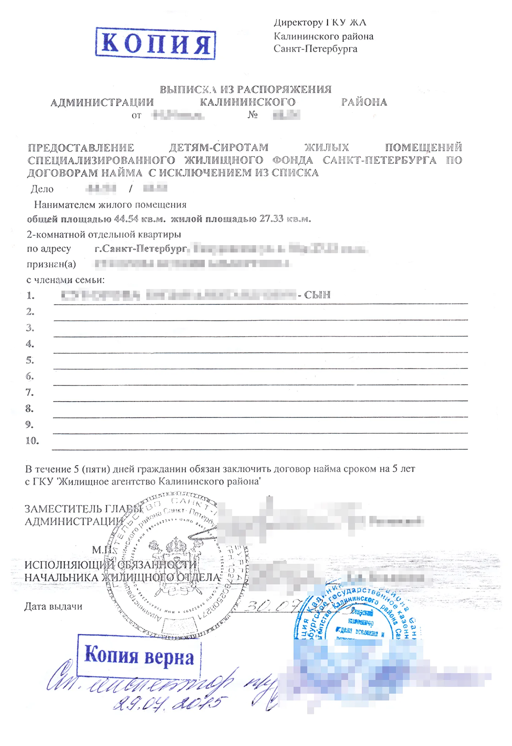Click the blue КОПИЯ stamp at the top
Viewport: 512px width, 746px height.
click(x=156, y=43)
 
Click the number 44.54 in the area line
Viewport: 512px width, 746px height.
click(x=126, y=219)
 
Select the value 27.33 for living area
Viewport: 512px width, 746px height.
click(x=271, y=219)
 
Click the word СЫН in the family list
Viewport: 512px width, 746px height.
click(x=317, y=295)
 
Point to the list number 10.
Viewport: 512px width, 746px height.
click(x=32, y=441)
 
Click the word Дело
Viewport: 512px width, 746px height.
click(x=42, y=189)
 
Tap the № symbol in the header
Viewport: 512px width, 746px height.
click(x=253, y=115)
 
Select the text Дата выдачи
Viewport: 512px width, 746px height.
click(x=53, y=607)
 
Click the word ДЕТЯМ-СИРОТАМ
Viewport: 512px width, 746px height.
click(x=219, y=147)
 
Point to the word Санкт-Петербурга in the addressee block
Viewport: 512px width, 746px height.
click(x=315, y=49)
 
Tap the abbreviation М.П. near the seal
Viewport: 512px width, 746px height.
click(x=102, y=550)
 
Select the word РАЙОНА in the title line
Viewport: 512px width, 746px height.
click(x=364, y=102)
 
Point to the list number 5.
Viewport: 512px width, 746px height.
click(x=30, y=360)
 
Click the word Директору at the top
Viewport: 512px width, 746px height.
click(x=298, y=23)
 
